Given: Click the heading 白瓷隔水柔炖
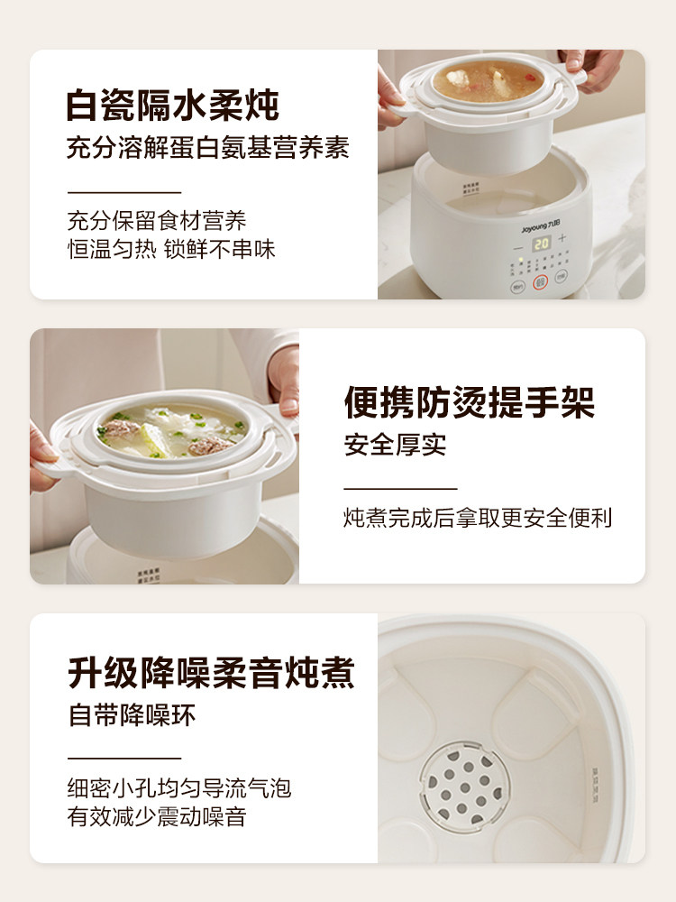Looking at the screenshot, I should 172,106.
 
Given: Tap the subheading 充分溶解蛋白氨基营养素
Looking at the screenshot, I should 207,148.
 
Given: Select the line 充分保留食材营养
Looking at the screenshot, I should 157,221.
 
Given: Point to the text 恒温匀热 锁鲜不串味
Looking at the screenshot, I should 171,249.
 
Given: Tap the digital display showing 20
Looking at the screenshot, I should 541,243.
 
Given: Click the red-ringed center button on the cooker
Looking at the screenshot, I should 541,282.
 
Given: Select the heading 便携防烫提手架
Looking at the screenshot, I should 470,403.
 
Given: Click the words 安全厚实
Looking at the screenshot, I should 395,446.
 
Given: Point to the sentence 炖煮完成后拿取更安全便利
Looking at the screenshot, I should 478,518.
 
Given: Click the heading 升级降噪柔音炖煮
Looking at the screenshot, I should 211,673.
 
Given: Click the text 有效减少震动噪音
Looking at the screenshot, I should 158,817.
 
